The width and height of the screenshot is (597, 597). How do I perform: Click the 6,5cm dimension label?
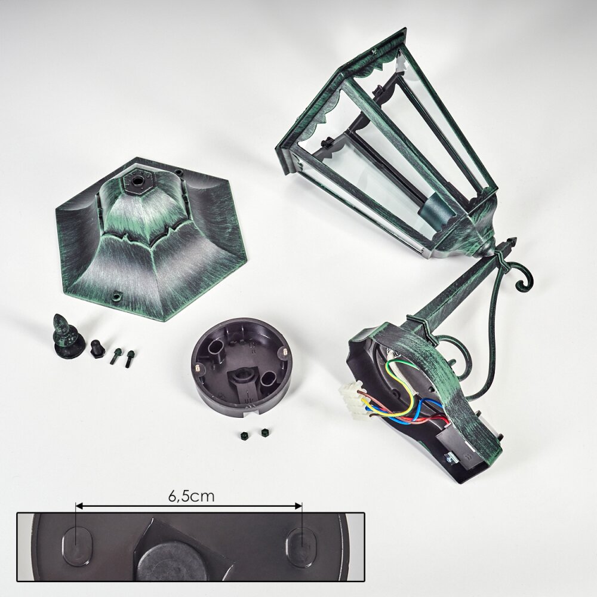[x=192, y=496]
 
